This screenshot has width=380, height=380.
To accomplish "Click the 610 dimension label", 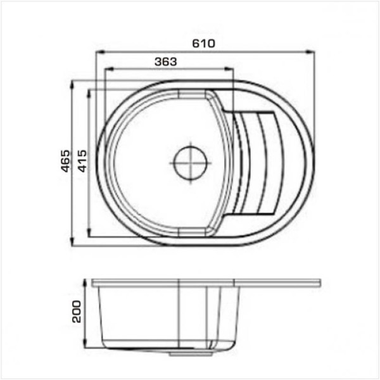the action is click(203, 43).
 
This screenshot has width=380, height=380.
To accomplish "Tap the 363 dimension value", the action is click(166, 62).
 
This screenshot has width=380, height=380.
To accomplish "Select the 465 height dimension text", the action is click(65, 161).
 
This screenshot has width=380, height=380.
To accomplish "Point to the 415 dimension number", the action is click(82, 161).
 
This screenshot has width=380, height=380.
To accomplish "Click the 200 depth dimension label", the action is click(77, 312).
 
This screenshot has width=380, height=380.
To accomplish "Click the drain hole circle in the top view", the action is click(191, 163).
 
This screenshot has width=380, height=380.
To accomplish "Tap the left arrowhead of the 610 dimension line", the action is click(100, 52).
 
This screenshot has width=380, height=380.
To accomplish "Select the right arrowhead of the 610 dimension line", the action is click(310, 52).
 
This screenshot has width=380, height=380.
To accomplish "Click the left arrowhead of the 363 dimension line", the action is click(109, 69).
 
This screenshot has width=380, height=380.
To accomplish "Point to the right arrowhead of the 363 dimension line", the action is click(229, 69).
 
